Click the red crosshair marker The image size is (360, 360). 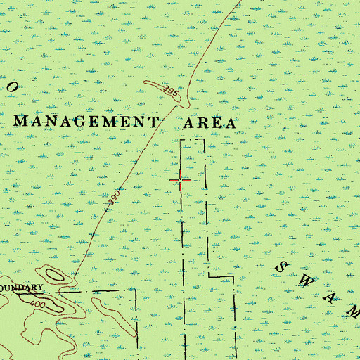pos(181,181)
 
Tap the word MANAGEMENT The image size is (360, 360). pos(86,121)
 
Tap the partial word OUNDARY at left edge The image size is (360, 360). pos(22,288)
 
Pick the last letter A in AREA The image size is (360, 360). pos(229,122)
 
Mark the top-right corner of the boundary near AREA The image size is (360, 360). pos(205,140)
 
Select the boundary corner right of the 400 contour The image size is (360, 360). pos(136,290)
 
